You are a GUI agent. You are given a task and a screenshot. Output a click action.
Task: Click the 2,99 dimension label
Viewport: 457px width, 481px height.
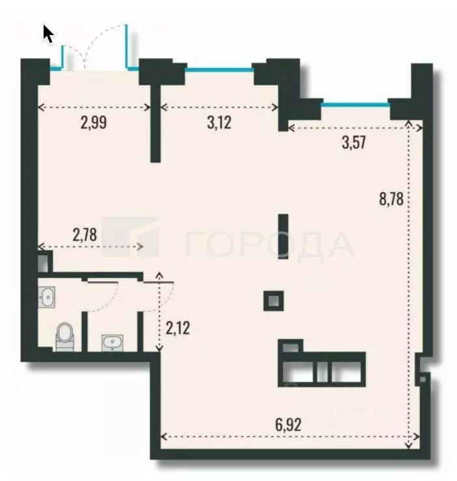[x=94, y=122]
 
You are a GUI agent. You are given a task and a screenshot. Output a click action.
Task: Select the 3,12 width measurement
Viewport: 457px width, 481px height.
[x=219, y=122]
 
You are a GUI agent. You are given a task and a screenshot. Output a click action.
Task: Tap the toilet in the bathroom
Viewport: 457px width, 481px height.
[x=65, y=337]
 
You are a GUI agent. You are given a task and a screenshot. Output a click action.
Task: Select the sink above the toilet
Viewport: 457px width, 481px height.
[x=48, y=297]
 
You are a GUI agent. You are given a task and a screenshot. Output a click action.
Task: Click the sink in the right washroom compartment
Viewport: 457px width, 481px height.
[x=113, y=342]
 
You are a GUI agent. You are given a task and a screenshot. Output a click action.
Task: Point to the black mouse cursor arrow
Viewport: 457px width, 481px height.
[x=48, y=33]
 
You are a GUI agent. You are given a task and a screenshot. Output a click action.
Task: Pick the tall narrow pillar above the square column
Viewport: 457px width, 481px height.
[x=283, y=236]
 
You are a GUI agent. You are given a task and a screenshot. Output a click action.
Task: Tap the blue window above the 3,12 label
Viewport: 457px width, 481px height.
[x=219, y=68]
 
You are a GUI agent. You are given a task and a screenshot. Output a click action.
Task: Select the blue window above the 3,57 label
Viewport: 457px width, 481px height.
[x=355, y=103]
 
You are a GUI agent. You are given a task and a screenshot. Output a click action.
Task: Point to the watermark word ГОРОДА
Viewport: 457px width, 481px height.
[x=270, y=245]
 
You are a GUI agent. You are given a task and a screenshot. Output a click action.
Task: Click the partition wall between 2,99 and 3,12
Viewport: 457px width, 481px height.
[x=155, y=124]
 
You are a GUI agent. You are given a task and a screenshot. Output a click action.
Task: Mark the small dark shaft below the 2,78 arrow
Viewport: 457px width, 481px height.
[x=43, y=263]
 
